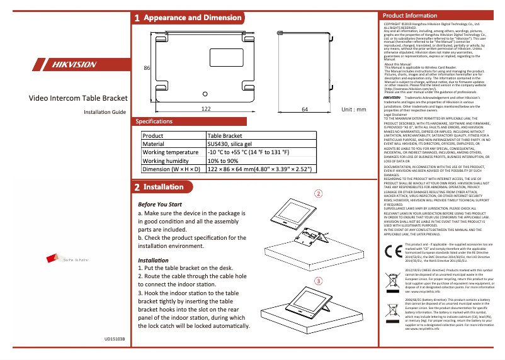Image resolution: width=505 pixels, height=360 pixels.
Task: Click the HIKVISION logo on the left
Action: click(69, 65)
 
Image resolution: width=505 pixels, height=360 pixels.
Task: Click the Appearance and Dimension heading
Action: click(193, 18)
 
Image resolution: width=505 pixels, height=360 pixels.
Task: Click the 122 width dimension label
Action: click(205, 109)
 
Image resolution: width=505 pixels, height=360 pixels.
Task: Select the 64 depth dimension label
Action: click(304, 109)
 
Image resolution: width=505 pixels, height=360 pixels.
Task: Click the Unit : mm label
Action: click(353, 109)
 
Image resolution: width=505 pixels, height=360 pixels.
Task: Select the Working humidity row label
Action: click(167, 161)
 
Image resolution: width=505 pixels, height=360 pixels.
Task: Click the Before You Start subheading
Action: click(159, 205)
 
